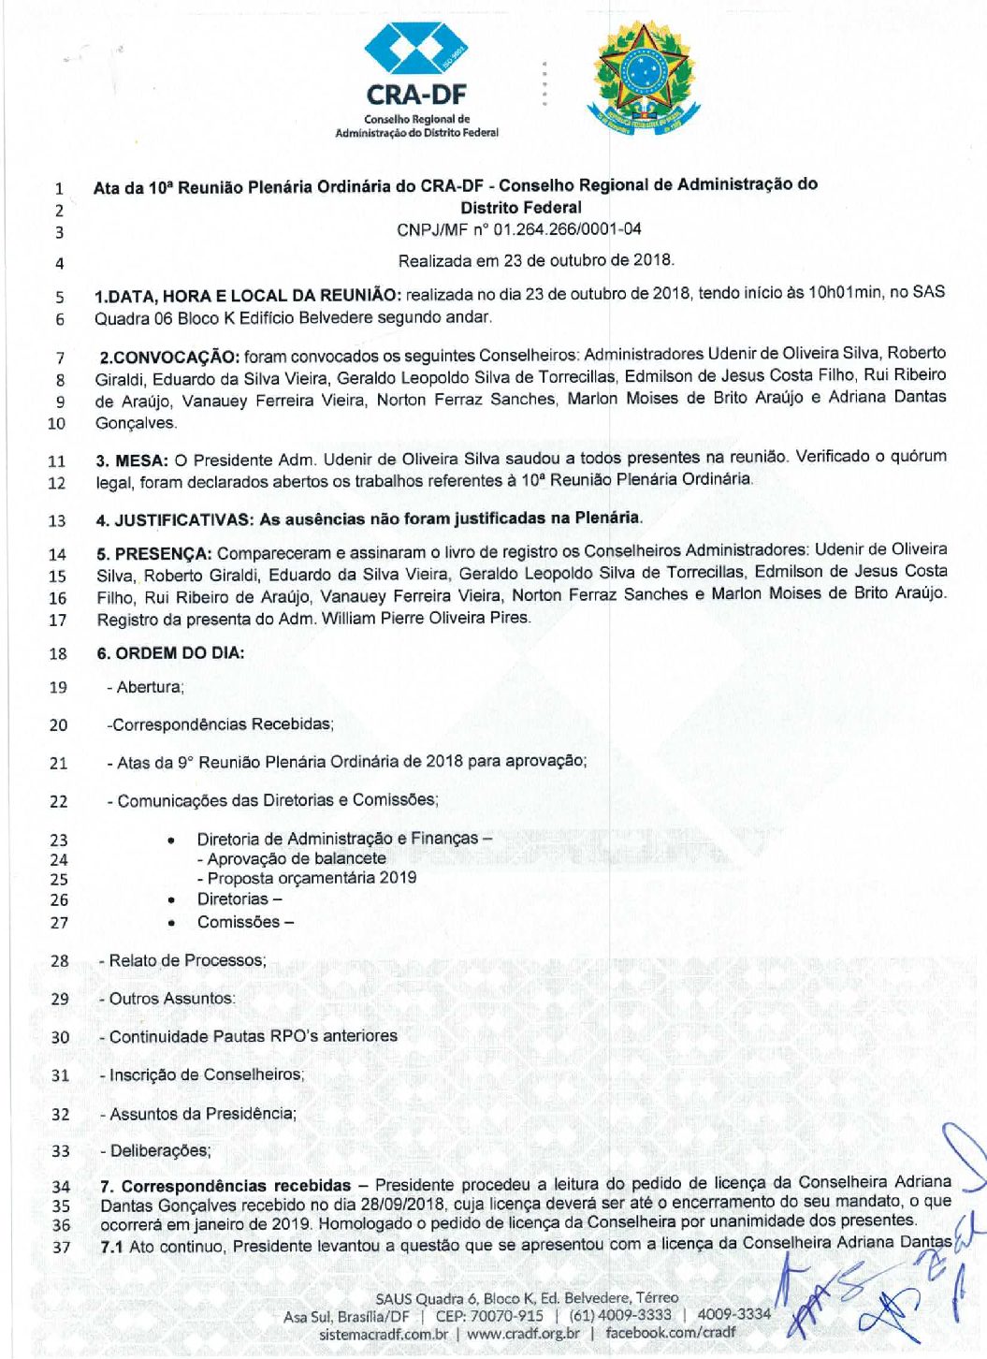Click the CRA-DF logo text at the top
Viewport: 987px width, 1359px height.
416,95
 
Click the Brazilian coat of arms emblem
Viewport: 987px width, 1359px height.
644,79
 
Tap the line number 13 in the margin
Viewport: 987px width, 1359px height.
57,521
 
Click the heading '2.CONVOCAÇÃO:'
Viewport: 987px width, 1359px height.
169,357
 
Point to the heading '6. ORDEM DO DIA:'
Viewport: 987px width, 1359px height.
170,653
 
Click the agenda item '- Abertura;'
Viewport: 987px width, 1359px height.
146,687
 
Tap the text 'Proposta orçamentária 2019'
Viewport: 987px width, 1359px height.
312,878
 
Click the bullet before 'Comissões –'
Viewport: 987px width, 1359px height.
171,923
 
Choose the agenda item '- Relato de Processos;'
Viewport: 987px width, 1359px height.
183,960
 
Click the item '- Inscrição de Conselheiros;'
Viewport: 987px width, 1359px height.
203,1074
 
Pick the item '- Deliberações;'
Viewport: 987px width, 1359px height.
156,1150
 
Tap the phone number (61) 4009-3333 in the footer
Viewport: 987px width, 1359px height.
620,1315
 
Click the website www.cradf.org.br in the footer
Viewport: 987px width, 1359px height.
523,1333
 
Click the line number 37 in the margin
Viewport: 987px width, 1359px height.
61,1248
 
